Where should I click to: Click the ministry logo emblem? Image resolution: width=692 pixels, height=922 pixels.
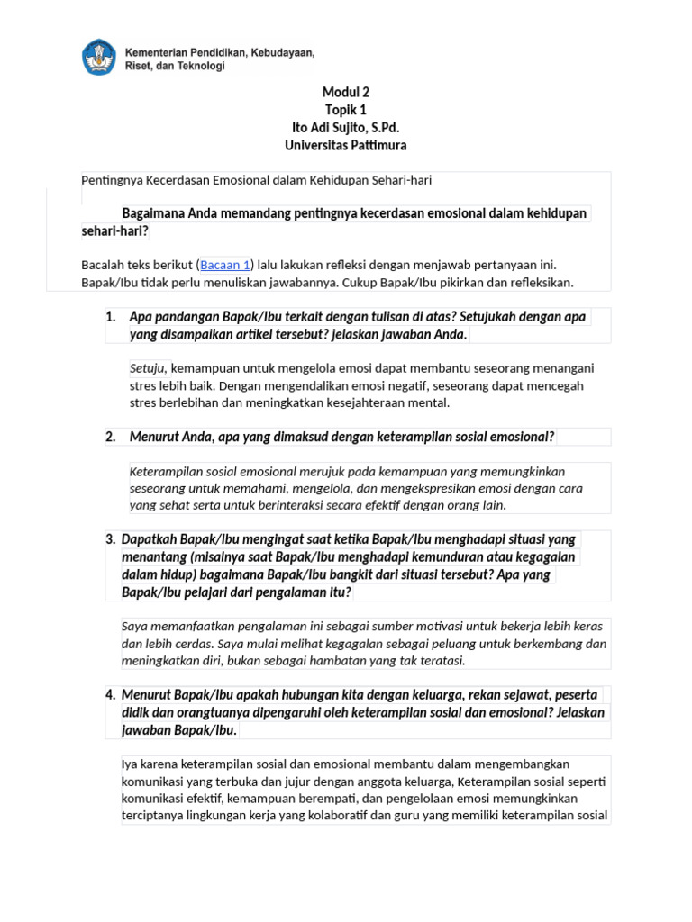99,58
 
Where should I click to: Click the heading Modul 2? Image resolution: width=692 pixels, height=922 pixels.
346,92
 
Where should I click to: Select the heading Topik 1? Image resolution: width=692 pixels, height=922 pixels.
346,110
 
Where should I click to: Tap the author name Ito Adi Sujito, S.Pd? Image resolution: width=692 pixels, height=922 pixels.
346,128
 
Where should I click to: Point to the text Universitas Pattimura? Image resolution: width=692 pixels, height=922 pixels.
346,145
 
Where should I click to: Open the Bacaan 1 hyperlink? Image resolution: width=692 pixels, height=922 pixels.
225,265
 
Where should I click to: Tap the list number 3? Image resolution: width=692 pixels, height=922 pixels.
110,539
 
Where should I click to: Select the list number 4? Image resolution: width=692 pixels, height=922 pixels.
110,694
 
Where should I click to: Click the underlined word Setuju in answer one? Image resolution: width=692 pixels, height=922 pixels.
148,368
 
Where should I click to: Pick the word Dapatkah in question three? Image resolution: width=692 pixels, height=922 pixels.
150,539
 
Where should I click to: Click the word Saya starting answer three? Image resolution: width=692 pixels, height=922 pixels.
134,627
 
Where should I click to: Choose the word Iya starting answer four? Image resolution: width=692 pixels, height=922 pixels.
130,764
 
